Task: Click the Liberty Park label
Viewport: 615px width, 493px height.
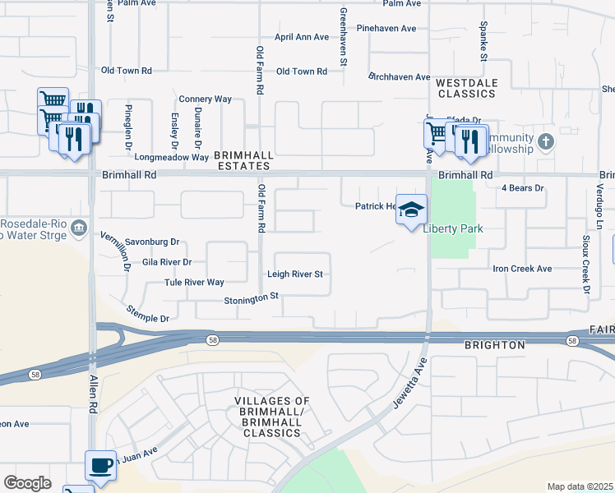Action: pos(452,228)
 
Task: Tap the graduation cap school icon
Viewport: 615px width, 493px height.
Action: pos(411,210)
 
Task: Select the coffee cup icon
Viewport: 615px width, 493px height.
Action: pos(101,465)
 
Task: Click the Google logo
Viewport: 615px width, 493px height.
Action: pos(27,483)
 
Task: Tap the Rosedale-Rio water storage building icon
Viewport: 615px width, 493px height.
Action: pos(79,228)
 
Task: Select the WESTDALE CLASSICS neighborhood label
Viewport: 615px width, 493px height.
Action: pos(465,89)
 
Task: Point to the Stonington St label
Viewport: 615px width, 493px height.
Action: pos(252,301)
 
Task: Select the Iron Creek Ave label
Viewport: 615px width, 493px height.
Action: pos(522,269)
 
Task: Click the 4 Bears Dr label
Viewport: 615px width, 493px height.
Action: pos(523,188)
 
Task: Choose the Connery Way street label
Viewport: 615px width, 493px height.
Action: pos(205,99)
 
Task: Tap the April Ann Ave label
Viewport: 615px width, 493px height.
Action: pos(302,37)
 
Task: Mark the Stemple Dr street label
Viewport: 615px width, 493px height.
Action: pos(147,313)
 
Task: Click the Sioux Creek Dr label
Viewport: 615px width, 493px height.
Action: pos(586,265)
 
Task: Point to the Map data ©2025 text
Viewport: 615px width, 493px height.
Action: pos(580,486)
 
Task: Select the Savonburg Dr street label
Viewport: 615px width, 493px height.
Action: pos(152,242)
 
